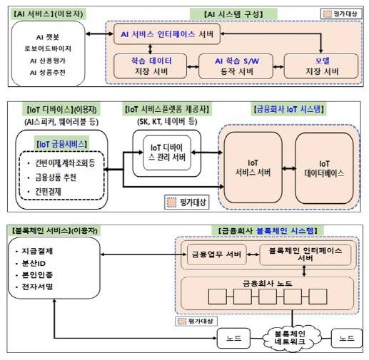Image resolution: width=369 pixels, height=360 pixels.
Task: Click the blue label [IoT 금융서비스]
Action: coord(58,143)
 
